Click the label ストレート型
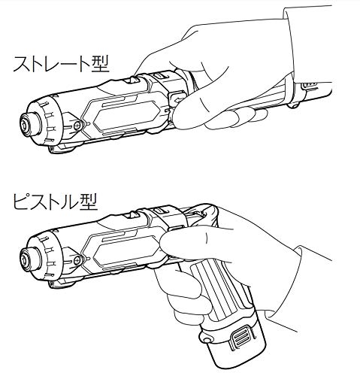coord(61,65)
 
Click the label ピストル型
coord(55,202)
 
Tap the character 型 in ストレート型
coord(100,65)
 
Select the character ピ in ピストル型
coord(21,202)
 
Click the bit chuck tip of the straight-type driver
coord(26,124)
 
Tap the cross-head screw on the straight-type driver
coord(77,125)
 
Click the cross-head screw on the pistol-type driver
coord(77,261)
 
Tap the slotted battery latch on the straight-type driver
coord(309,86)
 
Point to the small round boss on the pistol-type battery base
coord(207,340)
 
